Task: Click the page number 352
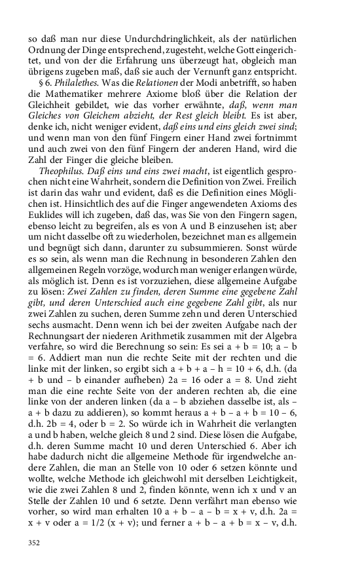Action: pyautogui.click(x=36, y=543)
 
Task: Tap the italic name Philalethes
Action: pyautogui.click(x=79, y=81)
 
